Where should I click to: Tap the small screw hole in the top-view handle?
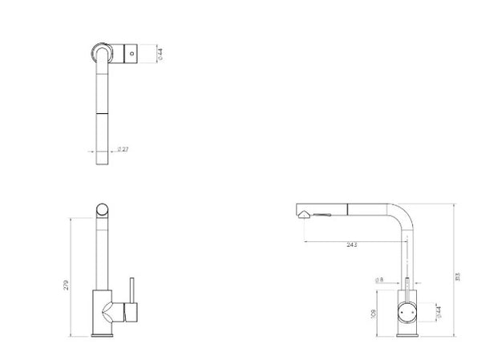131,52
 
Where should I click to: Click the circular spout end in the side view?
103,209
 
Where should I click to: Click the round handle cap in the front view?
408,309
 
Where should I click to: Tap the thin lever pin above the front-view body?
408,283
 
